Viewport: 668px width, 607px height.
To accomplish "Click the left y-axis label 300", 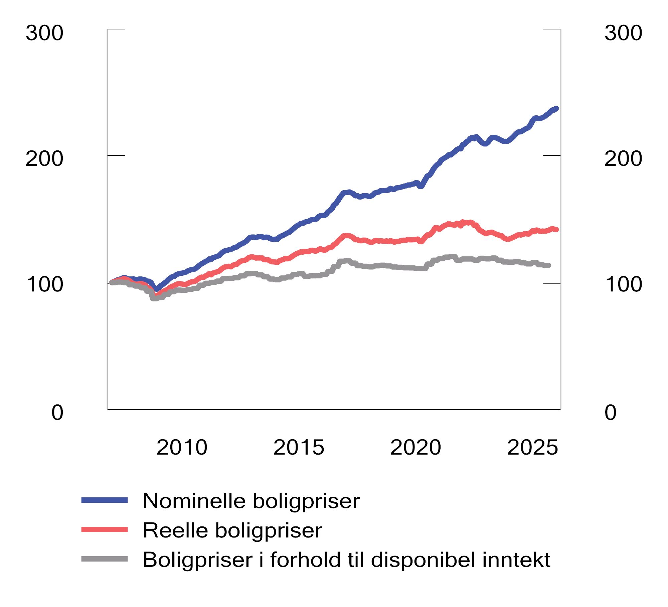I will [x=44, y=33].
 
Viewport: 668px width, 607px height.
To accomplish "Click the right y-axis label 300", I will [x=623, y=33].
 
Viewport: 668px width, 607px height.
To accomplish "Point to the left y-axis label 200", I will [x=44, y=159].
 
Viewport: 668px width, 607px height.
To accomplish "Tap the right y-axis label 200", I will [x=623, y=159].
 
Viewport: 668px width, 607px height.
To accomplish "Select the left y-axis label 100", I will [x=44, y=284].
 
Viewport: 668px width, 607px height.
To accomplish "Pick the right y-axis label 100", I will [x=623, y=284].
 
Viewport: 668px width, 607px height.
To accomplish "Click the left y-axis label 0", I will [x=57, y=412].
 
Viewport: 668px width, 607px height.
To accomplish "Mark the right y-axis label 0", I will [x=611, y=412].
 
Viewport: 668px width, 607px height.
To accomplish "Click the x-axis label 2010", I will [x=182, y=448].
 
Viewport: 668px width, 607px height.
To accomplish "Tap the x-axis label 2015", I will [x=299, y=448].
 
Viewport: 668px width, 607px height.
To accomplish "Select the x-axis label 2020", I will [x=416, y=448].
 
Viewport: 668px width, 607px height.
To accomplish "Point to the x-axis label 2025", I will [x=532, y=448].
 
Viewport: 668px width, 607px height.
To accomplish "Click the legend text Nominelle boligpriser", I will [x=251, y=501].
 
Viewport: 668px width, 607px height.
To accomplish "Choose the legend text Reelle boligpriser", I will [x=232, y=530].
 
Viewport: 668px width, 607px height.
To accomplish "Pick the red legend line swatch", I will [x=105, y=529].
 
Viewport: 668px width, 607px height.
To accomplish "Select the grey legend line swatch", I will [x=105, y=559].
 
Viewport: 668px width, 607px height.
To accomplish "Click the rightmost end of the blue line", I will [x=556, y=109].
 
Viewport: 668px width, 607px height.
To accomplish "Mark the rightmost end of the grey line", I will [x=549, y=265].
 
